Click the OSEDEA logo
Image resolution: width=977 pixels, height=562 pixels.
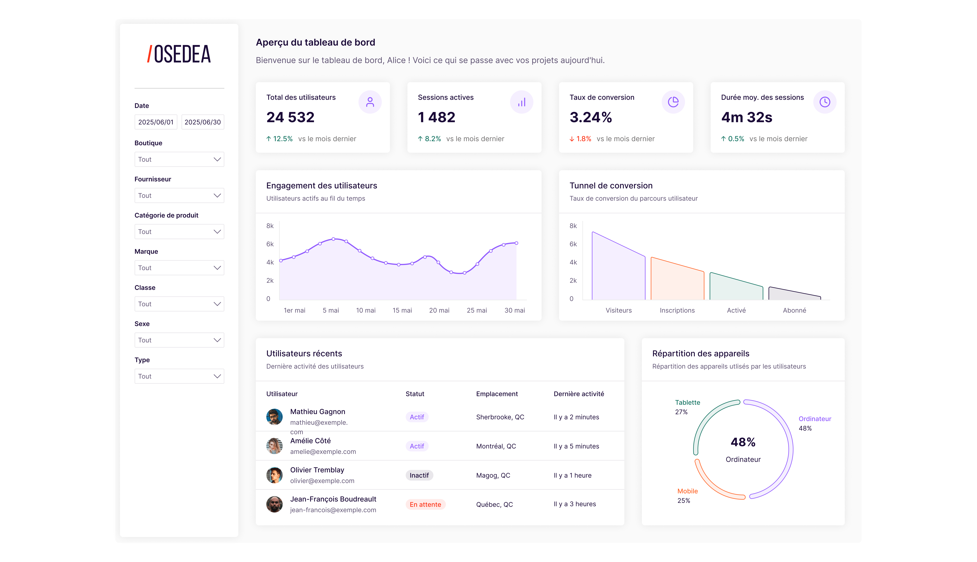coord(179,54)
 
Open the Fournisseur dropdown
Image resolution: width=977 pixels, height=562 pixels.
coord(179,195)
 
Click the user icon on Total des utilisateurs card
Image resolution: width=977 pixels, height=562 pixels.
coord(370,102)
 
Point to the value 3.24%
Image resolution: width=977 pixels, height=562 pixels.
coord(591,117)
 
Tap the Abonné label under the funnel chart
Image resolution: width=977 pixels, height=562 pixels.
coord(794,310)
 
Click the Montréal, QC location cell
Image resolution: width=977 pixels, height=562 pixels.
coord(496,446)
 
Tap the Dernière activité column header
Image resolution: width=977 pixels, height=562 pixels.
coord(579,394)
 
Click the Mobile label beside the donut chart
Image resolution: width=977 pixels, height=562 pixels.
coord(688,491)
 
